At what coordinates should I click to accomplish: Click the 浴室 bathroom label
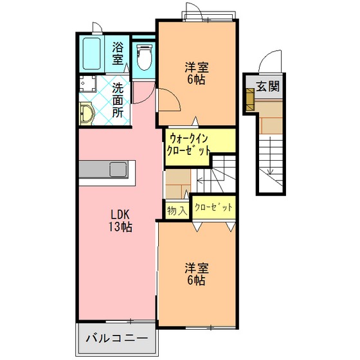point(118,54)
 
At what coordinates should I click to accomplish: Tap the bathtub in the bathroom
point(91,53)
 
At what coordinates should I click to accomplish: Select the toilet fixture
point(144,57)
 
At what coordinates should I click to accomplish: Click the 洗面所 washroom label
point(118,100)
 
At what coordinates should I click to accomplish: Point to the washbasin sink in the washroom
point(87,114)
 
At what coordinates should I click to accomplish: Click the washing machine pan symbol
point(87,84)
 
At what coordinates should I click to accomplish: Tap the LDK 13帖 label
point(120,221)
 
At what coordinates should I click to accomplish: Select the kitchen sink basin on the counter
point(118,170)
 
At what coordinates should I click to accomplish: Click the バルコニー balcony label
point(116,338)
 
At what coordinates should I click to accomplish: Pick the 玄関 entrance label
point(267,86)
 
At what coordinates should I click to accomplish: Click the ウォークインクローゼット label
point(188,145)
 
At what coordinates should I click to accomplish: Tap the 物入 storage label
point(177,211)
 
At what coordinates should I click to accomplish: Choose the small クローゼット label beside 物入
point(213,207)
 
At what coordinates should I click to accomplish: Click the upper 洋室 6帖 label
point(197,73)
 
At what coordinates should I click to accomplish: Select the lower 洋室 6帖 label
point(197,274)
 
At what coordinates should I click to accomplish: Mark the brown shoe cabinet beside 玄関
point(250,100)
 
